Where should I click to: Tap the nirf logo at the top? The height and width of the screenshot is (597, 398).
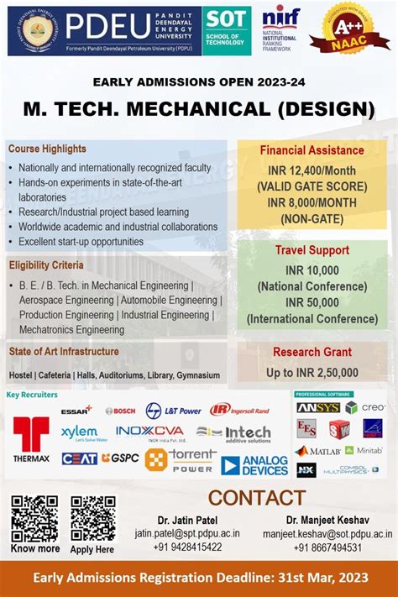(x=280, y=29)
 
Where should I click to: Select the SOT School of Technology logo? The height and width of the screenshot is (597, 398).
(x=227, y=30)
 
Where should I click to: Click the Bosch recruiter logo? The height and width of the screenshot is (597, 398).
(x=120, y=411)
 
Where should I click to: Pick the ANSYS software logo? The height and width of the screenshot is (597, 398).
(x=317, y=407)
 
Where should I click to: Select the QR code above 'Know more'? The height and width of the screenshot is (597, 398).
(x=34, y=518)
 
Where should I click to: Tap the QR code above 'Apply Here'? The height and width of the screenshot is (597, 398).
(x=92, y=518)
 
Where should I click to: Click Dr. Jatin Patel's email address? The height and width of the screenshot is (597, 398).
(x=187, y=533)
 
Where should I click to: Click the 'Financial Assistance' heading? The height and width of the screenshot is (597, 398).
(x=312, y=151)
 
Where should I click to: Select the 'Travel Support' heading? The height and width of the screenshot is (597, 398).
(x=312, y=250)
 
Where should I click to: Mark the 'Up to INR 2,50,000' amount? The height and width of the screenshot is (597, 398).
(x=312, y=373)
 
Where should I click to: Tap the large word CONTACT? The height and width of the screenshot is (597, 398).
(x=256, y=498)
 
